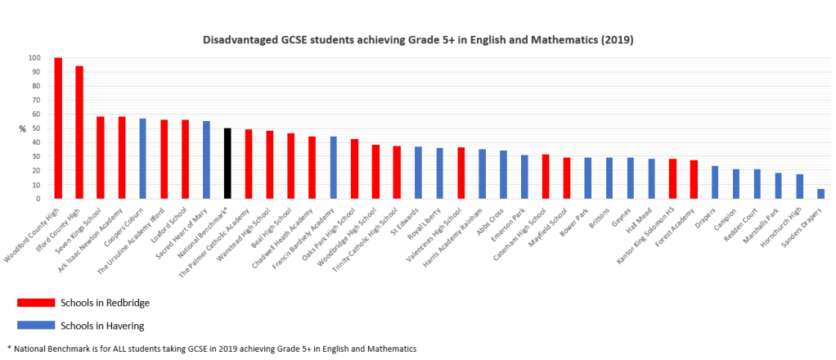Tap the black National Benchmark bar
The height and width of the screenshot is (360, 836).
pyautogui.click(x=227, y=163)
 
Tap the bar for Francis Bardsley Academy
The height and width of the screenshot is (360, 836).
pyautogui.click(x=334, y=167)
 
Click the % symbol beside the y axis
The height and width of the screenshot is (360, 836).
pyautogui.click(x=23, y=128)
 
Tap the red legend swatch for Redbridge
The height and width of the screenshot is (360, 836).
pyautogui.click(x=29, y=303)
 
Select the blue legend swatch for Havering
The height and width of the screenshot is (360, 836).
pyautogui.click(x=29, y=326)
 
